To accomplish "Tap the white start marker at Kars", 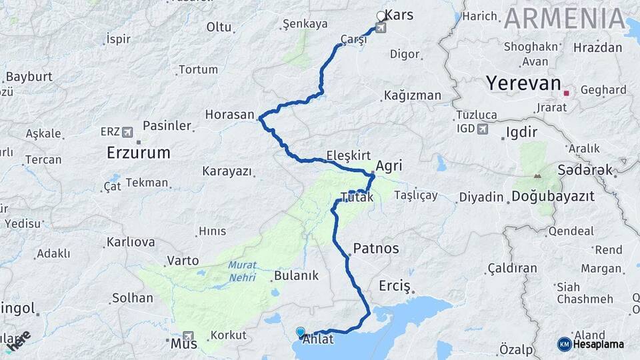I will coord(381,16).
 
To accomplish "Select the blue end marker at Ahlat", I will coord(300,331).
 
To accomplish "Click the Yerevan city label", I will coord(523,83).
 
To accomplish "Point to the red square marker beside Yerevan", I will coord(566,93).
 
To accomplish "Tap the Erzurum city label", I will coord(138,153).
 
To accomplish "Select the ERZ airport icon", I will coord(127,131).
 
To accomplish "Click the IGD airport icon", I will coord(483,129).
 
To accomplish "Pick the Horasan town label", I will coord(230,115).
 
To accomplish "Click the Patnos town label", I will coord(376,249).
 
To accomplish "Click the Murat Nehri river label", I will coord(242,269).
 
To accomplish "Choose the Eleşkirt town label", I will coord(348,156).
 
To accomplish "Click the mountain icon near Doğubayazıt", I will coord(537,177).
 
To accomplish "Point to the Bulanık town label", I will coord(297,275).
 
